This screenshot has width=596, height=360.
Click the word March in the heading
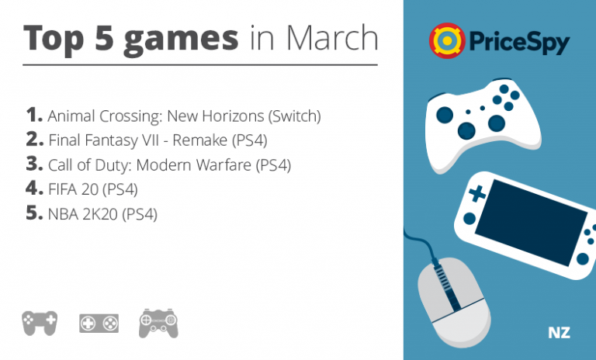point(332,38)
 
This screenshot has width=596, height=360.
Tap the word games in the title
point(181,40)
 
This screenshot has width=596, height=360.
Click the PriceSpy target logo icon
point(447,40)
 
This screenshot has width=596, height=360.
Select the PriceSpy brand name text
point(520,42)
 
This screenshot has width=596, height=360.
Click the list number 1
point(34,114)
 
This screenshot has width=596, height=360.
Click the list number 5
point(34,213)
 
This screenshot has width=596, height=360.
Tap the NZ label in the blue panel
point(559,333)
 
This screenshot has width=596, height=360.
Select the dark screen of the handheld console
point(531,223)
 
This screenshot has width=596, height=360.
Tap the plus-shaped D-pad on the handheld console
point(477,194)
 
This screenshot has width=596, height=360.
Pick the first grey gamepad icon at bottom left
point(40,323)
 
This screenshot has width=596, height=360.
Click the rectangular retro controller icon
point(99,324)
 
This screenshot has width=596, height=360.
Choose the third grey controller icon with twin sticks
point(158,324)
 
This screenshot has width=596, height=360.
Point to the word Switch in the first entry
point(295,116)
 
